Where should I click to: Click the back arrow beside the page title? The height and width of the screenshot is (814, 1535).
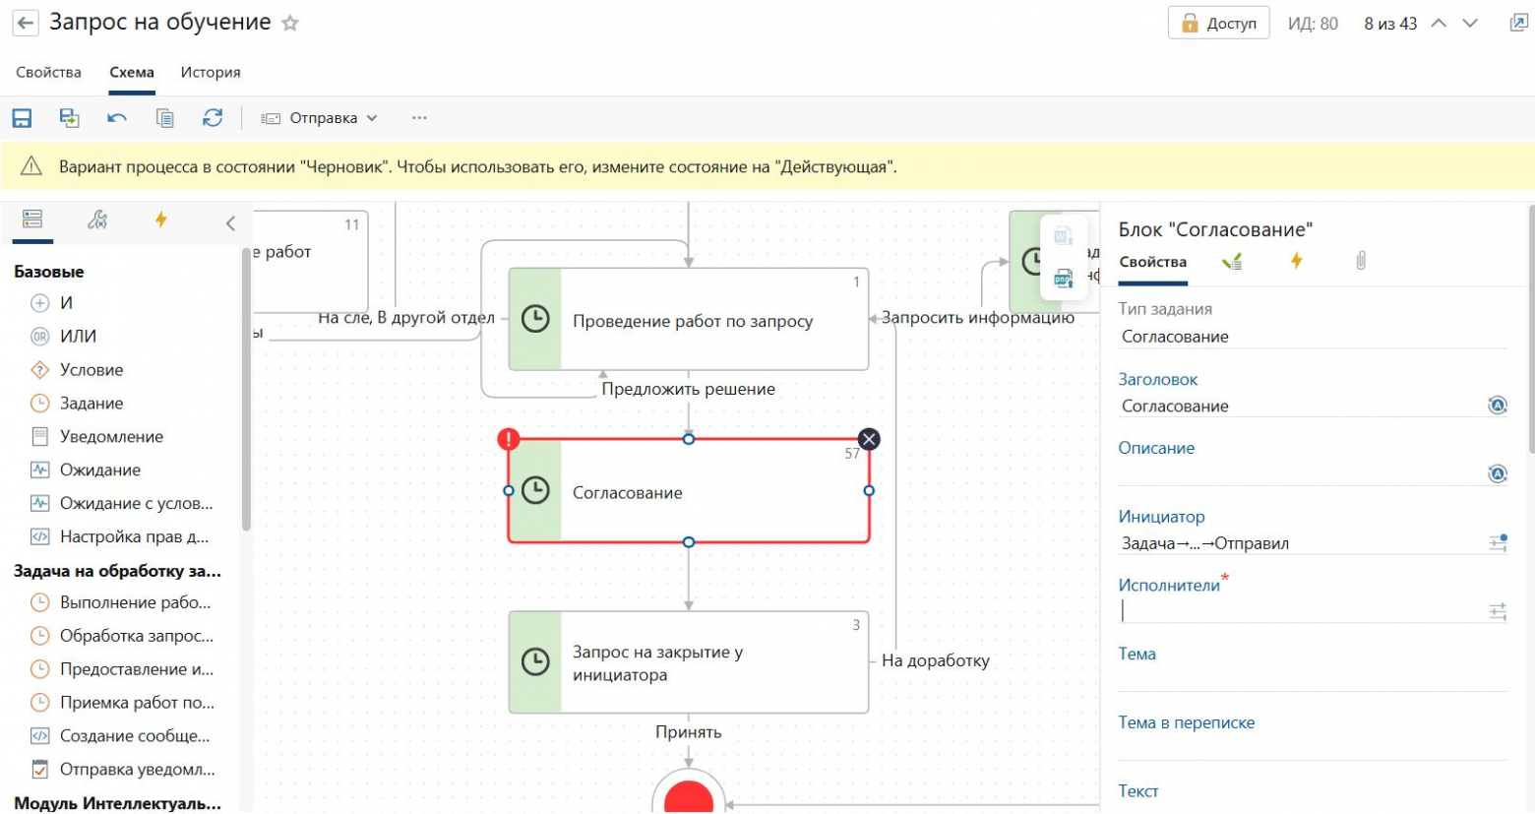[x=26, y=23]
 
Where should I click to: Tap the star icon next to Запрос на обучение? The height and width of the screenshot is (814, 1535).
[x=290, y=24]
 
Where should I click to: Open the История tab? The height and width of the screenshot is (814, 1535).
[x=211, y=72]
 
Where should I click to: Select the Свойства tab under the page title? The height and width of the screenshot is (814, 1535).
[x=49, y=72]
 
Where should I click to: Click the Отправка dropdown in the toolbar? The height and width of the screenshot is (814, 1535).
[x=320, y=118]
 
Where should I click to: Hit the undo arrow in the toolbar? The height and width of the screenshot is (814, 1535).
[x=117, y=118]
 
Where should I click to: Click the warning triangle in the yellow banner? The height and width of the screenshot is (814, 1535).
[x=31, y=166]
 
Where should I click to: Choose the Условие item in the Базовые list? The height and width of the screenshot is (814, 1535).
[x=92, y=370]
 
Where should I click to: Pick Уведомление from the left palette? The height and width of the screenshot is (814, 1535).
[x=111, y=437]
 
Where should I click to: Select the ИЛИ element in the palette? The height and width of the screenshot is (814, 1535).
[x=78, y=337]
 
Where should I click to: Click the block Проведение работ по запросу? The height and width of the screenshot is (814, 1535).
[x=689, y=320]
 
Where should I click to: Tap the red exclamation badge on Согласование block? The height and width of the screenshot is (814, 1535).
[x=508, y=439]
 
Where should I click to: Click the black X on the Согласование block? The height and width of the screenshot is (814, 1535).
[x=869, y=439]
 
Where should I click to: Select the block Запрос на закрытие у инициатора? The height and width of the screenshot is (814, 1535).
[x=689, y=662]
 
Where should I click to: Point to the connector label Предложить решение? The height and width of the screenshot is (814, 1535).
[x=689, y=389]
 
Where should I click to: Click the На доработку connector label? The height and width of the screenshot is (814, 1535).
[x=935, y=660]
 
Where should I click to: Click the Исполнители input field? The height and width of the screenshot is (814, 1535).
[x=1299, y=611]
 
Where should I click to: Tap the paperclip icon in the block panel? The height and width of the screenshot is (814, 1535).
[x=1361, y=261]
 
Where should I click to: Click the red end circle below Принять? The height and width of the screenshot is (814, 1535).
[x=689, y=797]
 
